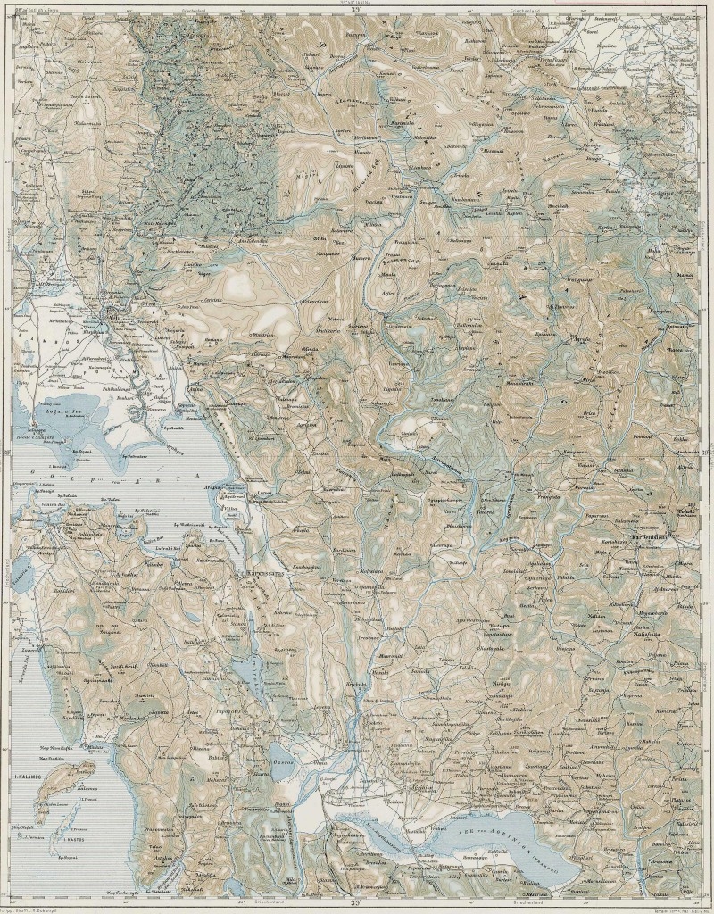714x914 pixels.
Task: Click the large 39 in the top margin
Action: point(355,11)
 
